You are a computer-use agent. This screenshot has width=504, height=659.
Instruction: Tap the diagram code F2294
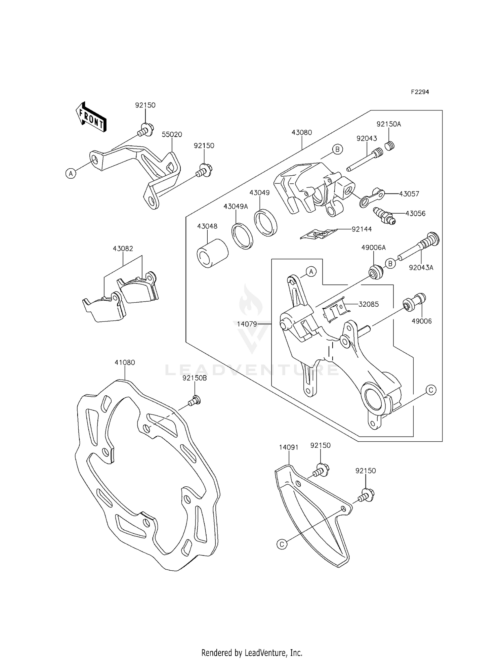420,92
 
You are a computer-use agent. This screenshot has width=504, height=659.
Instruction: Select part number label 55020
172,134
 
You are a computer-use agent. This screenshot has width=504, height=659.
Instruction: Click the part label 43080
301,132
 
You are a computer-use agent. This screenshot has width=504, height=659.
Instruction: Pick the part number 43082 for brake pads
123,249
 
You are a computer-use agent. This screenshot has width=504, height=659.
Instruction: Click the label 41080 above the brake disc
125,362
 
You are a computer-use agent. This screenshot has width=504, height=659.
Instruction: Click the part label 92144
362,229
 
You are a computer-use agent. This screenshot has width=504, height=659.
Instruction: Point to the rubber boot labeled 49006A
376,271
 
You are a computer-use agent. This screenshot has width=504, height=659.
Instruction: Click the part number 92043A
421,268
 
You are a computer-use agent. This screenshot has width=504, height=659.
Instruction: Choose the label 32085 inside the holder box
369,304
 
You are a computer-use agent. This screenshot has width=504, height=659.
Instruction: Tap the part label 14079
247,324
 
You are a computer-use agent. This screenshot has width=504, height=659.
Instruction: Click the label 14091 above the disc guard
289,447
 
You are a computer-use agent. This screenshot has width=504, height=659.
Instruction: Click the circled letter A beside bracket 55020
71,174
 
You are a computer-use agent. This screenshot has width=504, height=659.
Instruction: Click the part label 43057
409,194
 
